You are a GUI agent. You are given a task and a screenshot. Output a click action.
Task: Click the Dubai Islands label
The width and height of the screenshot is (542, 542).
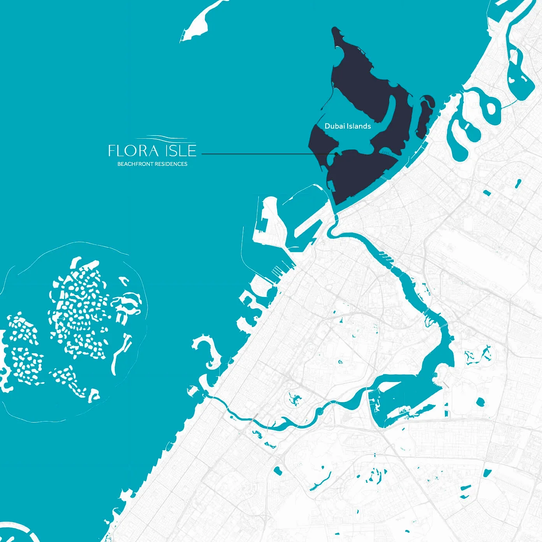click(x=347, y=126)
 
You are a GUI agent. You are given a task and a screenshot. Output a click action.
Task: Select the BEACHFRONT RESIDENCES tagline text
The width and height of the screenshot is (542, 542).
click(x=152, y=164)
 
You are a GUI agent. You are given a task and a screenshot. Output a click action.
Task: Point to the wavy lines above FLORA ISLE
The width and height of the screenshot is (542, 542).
click(x=165, y=137)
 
